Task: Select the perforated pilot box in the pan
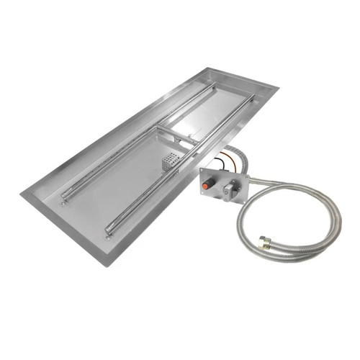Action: (x=171, y=162)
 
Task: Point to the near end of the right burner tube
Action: (x=110, y=230)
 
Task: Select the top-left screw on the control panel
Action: (x=204, y=172)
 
